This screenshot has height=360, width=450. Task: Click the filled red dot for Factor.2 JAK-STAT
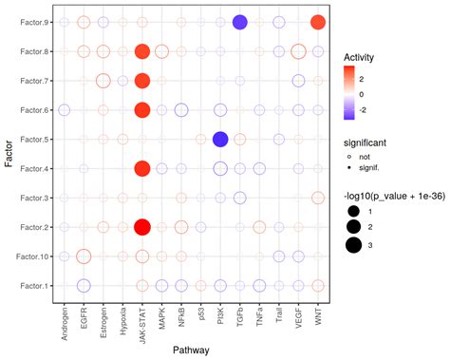point(142,227)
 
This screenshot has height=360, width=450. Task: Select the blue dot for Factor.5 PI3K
point(220,140)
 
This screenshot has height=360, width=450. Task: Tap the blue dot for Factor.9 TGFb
point(240,23)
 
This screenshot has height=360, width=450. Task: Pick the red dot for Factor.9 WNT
point(318,23)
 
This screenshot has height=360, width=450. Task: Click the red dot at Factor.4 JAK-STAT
point(142,169)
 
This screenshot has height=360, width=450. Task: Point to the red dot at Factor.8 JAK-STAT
point(142,52)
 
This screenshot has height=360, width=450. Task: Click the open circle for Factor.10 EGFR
point(84,256)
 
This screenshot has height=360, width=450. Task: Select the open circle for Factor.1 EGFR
point(84,285)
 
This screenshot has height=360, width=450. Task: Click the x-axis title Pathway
point(191,351)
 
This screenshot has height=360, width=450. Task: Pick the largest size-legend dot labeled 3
point(355,244)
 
